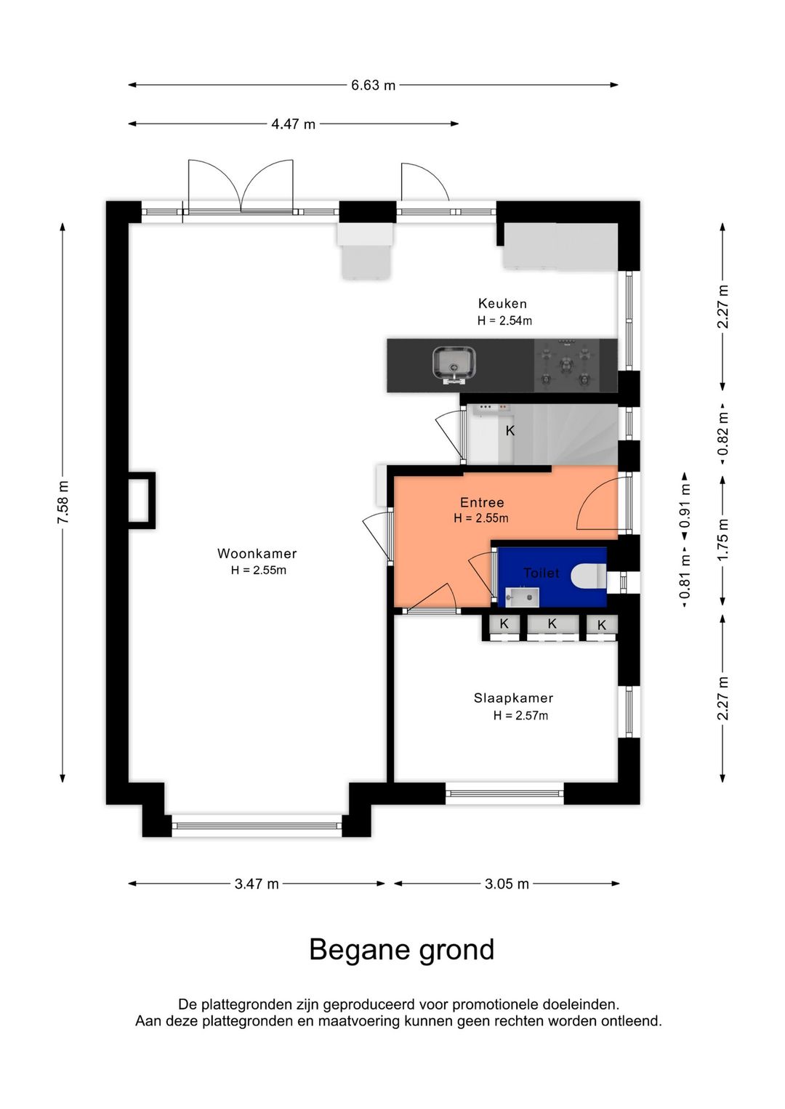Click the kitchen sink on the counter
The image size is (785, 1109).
click(x=454, y=365)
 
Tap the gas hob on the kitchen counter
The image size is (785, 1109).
click(x=566, y=366)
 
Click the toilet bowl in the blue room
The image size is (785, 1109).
click(x=589, y=576)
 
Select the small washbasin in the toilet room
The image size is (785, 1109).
click(x=522, y=597)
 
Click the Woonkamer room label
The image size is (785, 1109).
click(x=257, y=553)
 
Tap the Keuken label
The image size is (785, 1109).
click(x=502, y=303)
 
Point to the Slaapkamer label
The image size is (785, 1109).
click(x=514, y=698)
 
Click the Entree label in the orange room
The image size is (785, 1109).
click(x=482, y=502)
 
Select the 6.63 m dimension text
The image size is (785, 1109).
click(x=374, y=85)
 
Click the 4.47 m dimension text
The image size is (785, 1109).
click(x=293, y=124)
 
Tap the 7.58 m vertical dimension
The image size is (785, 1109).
click(x=63, y=502)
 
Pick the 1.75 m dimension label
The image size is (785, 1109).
click(x=722, y=539)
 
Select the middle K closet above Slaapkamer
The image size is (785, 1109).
click(x=552, y=624)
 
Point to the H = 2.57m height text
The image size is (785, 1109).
click(x=520, y=715)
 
